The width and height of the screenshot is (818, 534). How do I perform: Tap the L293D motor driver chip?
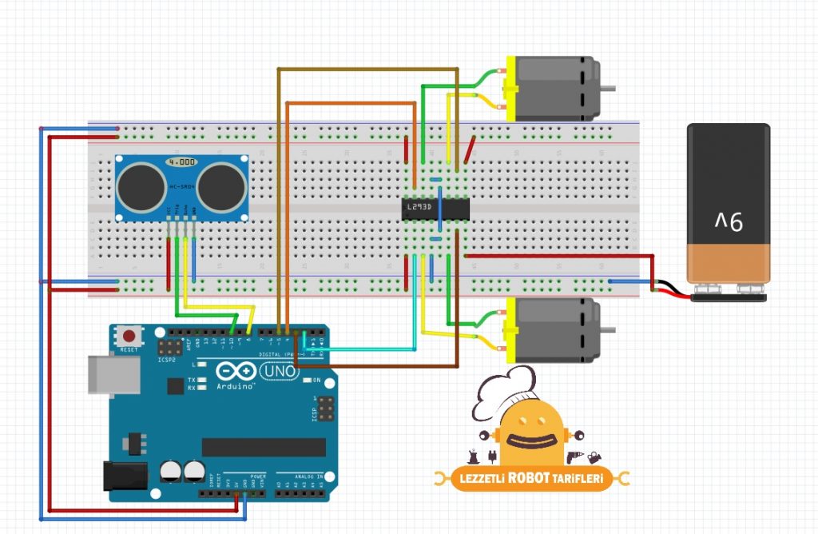[434, 208]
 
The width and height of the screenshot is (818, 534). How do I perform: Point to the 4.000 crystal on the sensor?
[181, 162]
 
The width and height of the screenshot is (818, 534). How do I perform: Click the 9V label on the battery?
[728, 221]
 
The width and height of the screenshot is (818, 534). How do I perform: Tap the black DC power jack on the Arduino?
[125, 476]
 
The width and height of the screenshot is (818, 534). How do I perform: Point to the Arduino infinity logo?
[234, 372]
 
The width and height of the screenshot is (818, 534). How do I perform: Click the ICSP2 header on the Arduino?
[169, 348]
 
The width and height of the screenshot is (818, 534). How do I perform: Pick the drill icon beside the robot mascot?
[573, 456]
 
